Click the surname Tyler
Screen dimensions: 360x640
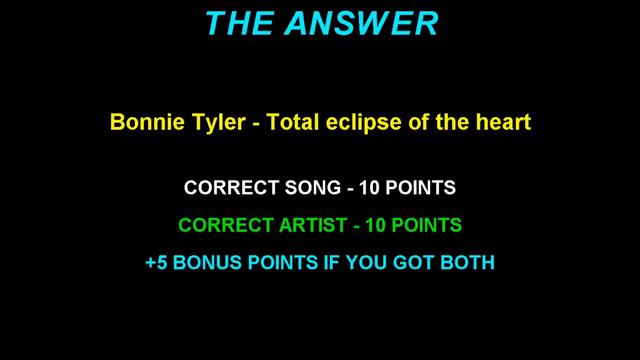tap(207, 123)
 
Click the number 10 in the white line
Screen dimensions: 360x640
tap(369, 187)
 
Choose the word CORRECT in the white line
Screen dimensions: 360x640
tap(227, 187)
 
